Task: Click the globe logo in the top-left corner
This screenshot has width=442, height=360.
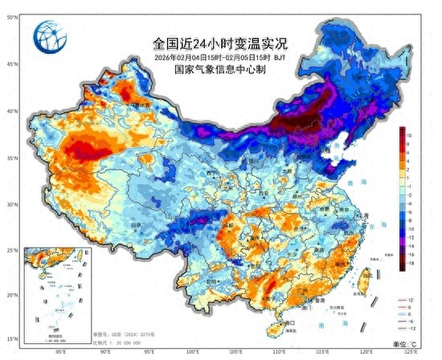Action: (x=51, y=35)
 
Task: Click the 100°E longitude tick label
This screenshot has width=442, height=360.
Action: (x=193, y=352)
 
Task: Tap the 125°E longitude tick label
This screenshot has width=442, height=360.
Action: (x=411, y=352)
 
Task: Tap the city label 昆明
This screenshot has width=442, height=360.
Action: (x=211, y=282)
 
